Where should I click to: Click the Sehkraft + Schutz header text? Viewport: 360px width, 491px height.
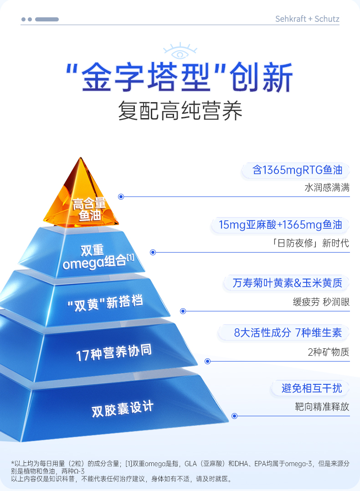(x=307, y=19)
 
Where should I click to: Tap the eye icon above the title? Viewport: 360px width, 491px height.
(x=180, y=52)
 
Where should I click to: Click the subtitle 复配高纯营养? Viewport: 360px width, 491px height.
(x=180, y=111)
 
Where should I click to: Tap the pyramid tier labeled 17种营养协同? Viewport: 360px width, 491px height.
(x=114, y=352)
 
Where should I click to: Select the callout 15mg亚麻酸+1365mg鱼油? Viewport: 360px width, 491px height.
(x=280, y=225)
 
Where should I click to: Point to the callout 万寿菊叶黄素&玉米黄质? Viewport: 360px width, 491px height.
(x=287, y=283)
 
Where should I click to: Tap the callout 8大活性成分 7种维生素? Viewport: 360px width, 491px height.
(x=288, y=333)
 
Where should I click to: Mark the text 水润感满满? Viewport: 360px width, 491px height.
(x=327, y=188)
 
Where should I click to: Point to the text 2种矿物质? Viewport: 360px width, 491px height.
(x=328, y=352)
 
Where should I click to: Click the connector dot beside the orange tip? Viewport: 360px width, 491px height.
(x=121, y=197)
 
